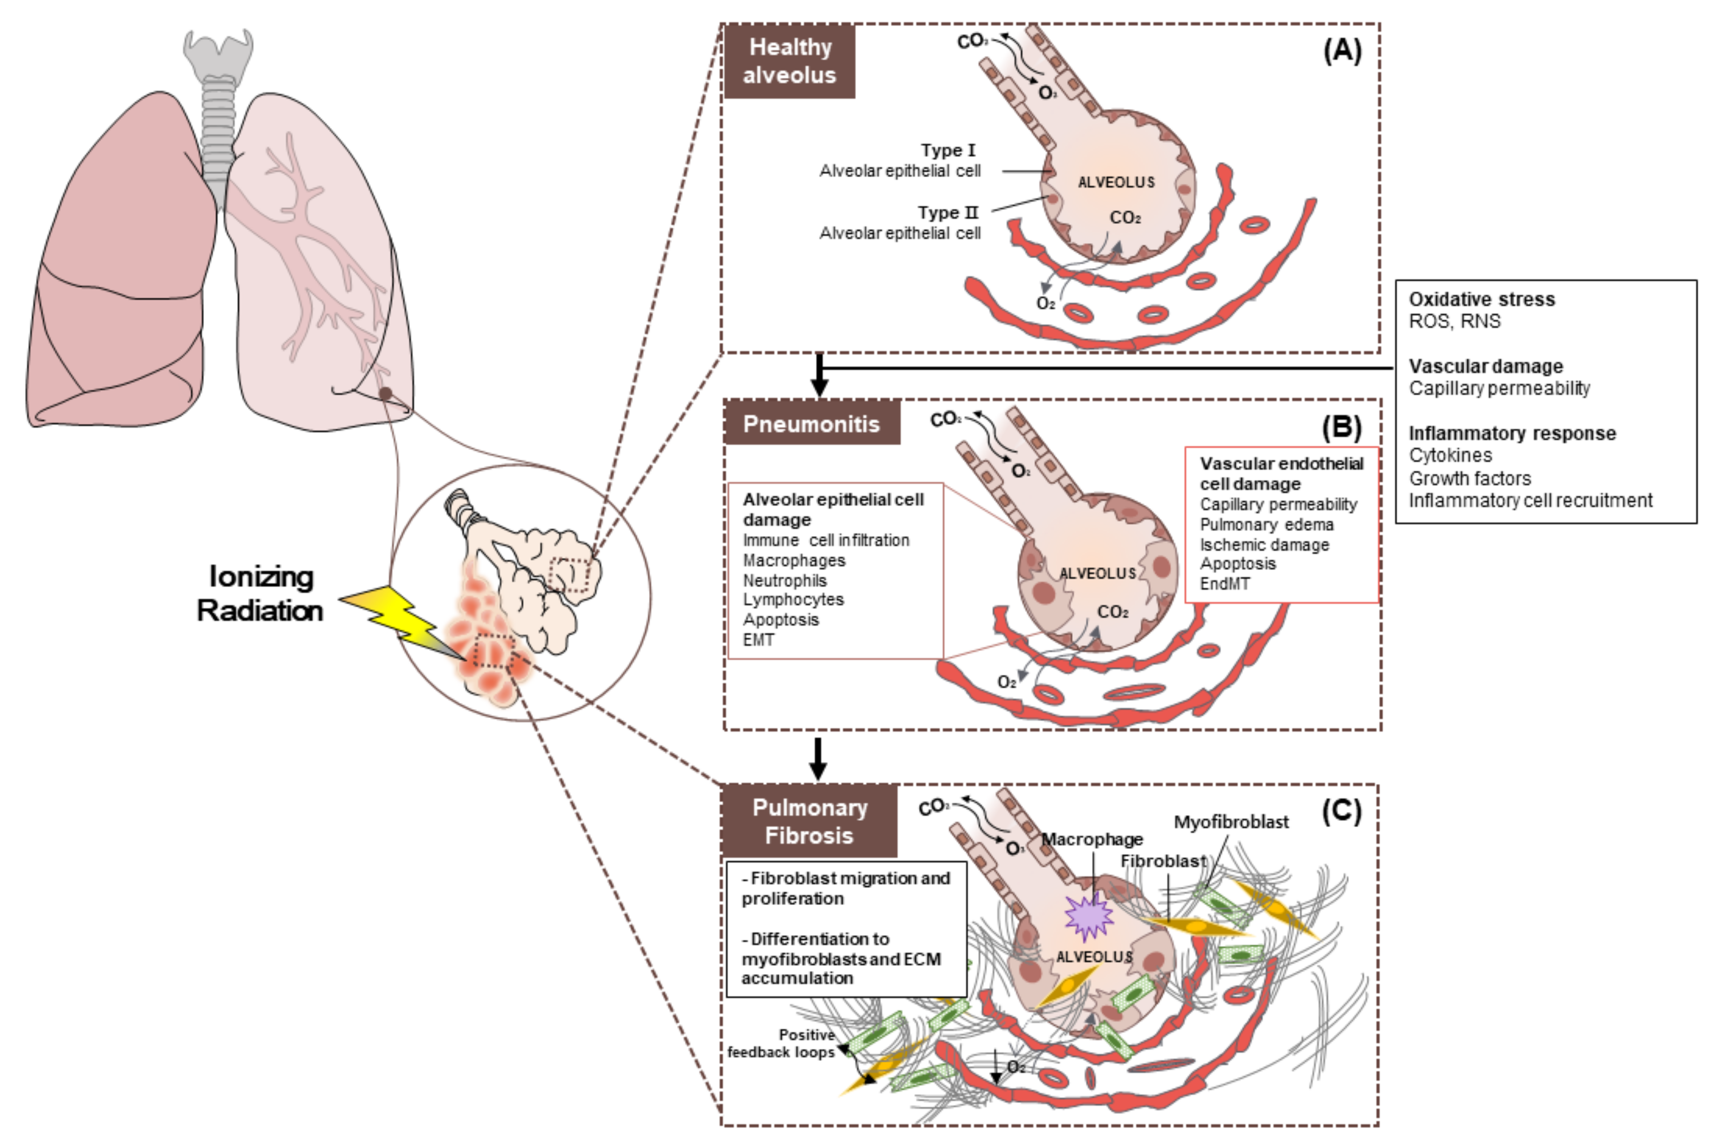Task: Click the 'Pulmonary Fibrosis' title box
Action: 809,821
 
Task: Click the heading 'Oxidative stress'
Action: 1481,300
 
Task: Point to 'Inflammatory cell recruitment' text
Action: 1530,501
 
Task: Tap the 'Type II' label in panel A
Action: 947,213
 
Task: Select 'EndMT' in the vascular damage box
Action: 1225,584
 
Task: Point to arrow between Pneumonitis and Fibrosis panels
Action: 818,759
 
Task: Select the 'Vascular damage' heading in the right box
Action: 1486,366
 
